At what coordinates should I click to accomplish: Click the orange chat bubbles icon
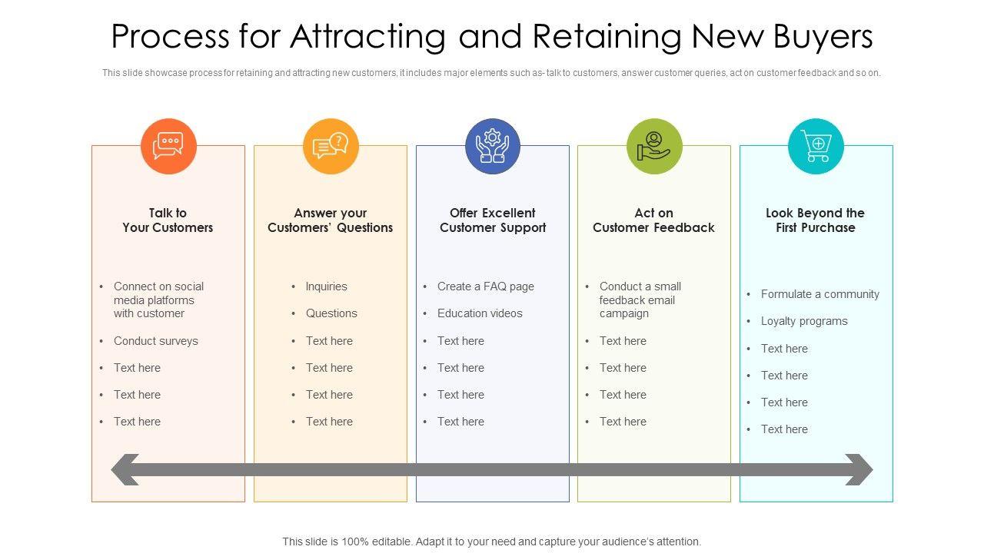(x=168, y=146)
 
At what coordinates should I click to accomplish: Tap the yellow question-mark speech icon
(x=331, y=146)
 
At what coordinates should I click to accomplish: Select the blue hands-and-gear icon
(x=493, y=146)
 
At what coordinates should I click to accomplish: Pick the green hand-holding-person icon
(x=654, y=146)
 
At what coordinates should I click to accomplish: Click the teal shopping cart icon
(x=816, y=146)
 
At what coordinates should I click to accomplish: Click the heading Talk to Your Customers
(x=168, y=220)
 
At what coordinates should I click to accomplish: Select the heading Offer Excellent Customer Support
(x=493, y=220)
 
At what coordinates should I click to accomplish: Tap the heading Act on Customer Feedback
(x=653, y=220)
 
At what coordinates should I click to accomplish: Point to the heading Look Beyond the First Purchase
(x=815, y=220)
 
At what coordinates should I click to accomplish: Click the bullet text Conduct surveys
(x=155, y=341)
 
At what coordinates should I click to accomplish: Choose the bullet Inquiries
(x=326, y=286)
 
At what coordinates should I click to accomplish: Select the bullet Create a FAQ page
(x=485, y=286)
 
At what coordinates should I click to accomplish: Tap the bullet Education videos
(x=480, y=313)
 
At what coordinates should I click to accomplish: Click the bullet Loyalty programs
(x=804, y=321)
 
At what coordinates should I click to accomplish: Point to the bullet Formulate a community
(x=819, y=294)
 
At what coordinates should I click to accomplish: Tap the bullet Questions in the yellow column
(x=331, y=313)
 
